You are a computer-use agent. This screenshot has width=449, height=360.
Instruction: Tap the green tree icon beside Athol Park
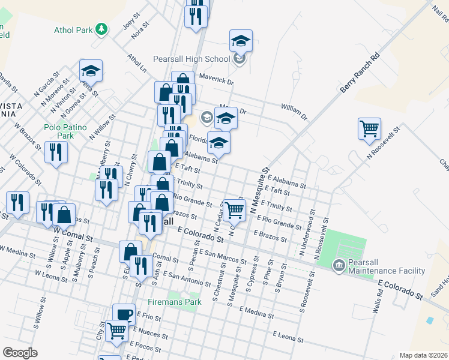(103, 28)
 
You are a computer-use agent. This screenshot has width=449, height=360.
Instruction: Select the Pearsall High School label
(191, 59)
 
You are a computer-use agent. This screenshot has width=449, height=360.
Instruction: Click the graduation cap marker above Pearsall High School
(241, 41)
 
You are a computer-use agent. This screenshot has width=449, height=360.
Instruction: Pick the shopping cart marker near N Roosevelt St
(369, 128)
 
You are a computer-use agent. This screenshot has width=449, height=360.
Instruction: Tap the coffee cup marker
(124, 314)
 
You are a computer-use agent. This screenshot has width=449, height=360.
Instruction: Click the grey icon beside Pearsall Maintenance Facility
(338, 264)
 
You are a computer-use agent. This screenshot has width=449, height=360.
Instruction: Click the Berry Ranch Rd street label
(361, 73)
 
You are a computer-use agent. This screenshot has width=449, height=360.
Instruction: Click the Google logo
(20, 353)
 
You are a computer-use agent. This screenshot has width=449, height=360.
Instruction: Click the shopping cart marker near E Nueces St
(117, 329)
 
